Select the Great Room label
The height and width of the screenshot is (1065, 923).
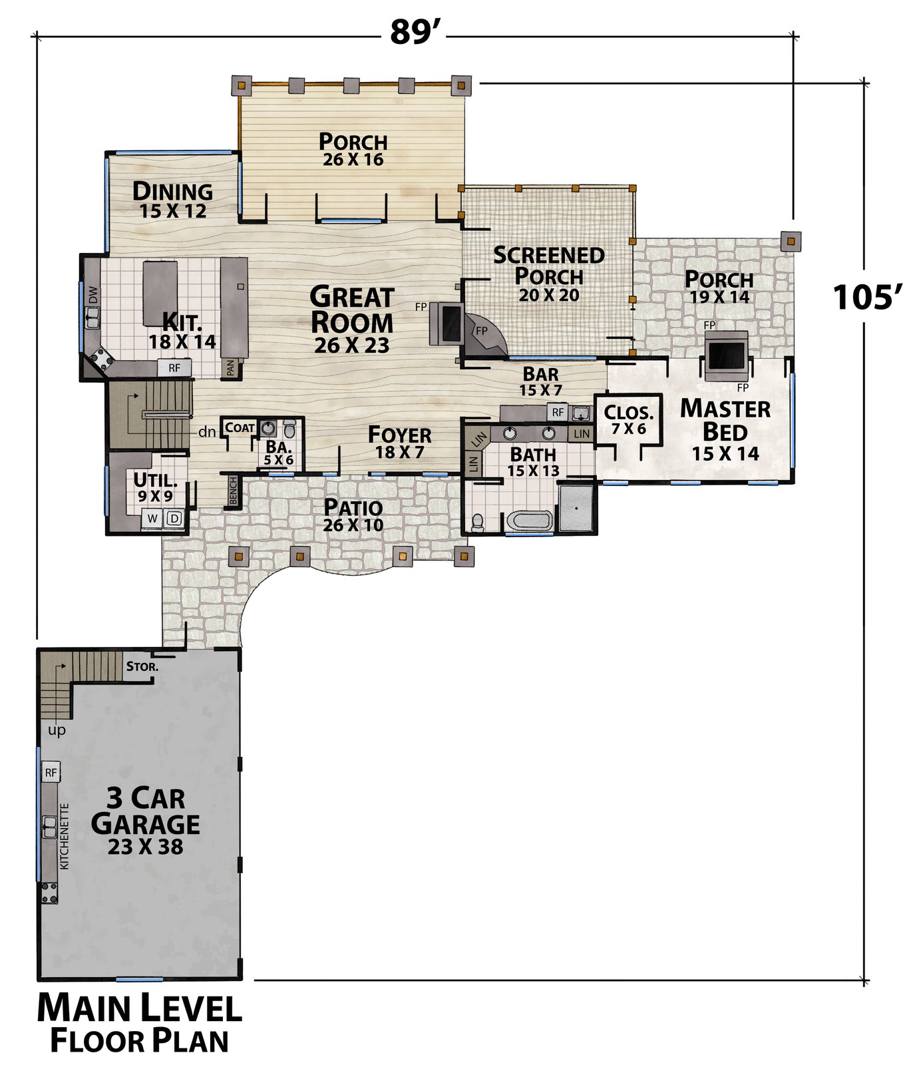352,310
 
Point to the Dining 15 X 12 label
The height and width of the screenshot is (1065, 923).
173,200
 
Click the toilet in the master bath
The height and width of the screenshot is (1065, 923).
478,523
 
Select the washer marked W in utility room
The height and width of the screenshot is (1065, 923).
152,519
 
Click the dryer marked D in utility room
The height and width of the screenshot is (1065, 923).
174,519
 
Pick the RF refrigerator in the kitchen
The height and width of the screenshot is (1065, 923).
174,367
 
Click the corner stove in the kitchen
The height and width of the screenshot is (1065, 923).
102,360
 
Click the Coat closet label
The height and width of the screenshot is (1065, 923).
240,427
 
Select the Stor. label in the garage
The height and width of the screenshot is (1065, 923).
142,666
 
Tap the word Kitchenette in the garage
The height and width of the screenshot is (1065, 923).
65,837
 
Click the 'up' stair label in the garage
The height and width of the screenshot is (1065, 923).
57,732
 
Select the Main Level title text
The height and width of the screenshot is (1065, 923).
139,1008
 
